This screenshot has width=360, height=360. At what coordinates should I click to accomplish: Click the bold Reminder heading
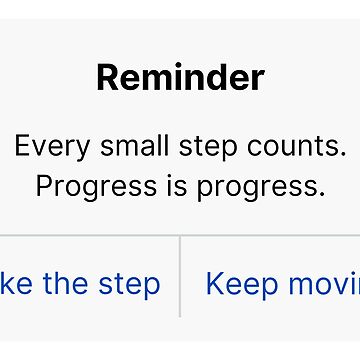[180, 77]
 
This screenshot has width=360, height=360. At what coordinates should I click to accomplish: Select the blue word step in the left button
[128, 284]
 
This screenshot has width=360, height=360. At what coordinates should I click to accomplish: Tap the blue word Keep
[239, 284]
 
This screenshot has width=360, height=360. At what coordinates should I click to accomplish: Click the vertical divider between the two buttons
[180, 277]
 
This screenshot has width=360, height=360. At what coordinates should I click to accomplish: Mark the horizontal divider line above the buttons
[180, 236]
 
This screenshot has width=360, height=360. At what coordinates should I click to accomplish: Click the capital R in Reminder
[105, 77]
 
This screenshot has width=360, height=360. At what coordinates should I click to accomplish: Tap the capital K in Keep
[213, 283]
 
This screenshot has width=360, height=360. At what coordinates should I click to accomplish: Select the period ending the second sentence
[323, 194]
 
